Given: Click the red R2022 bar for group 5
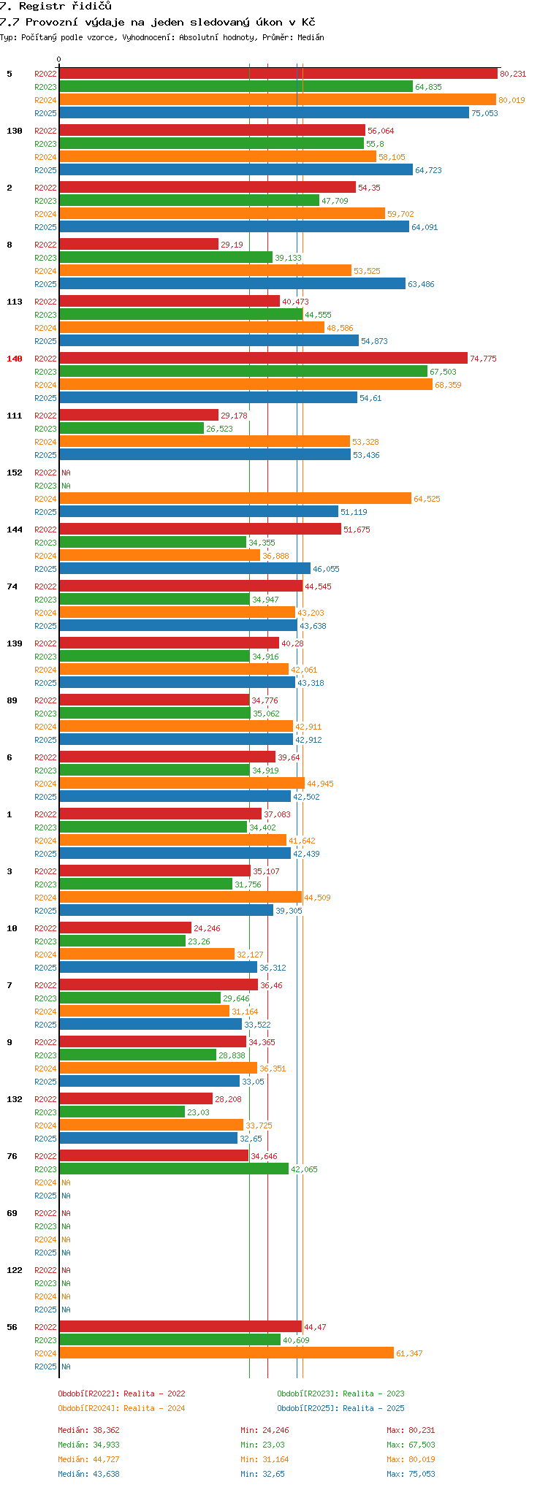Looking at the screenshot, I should [278, 74].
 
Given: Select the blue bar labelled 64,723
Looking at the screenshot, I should [235, 170].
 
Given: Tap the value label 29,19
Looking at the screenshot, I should [232, 245].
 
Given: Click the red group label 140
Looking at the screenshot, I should [15, 359].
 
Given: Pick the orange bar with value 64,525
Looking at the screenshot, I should [235, 499].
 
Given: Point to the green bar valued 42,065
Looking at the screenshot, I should [173, 1169].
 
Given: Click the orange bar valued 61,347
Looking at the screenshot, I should [226, 1353].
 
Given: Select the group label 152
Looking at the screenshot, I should [15, 473].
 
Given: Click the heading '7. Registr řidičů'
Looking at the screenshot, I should [56, 6].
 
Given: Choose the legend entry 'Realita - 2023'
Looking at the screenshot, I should [340, 1394].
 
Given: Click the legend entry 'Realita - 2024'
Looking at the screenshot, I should [121, 1408].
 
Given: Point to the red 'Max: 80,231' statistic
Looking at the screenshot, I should [411, 1430].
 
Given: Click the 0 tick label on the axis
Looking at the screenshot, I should [59, 60].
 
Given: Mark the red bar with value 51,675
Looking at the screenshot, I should [199, 530].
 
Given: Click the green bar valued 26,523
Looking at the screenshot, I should [131, 429].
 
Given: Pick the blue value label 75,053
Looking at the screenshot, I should [484, 113].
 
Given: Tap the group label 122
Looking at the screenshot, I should [15, 1270].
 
